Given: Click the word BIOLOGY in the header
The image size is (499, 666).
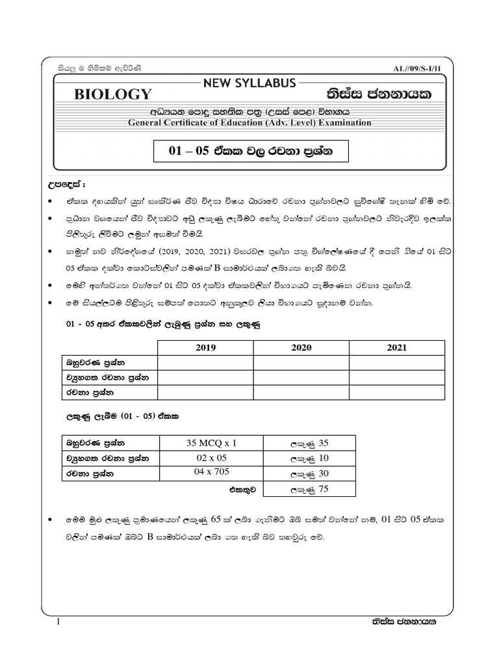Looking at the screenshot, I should click(112, 94).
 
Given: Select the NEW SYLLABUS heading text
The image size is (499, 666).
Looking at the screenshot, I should click(249, 83).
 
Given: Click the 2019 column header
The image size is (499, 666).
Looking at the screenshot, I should click(205, 348).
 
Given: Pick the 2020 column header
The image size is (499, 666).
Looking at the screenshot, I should click(301, 348).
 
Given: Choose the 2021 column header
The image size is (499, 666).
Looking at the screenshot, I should click(397, 348).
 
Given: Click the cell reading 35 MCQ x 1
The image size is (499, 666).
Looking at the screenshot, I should click(212, 444).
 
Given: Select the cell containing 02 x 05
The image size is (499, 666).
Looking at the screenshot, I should click(212, 458).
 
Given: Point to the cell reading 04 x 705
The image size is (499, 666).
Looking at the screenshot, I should click(212, 473).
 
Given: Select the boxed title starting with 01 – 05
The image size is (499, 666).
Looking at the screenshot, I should click(250, 152).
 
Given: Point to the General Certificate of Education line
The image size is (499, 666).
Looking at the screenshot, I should click(249, 122).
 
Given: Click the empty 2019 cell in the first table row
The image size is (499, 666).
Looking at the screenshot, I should click(205, 362).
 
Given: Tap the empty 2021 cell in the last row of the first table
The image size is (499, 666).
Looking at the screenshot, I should click(397, 392).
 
